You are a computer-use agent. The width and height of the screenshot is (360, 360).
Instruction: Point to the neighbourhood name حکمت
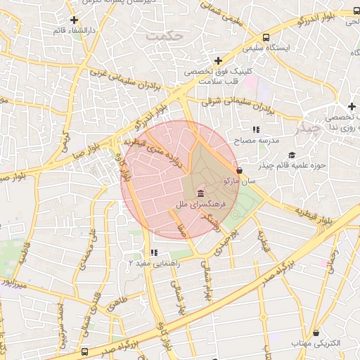click(x=164, y=34)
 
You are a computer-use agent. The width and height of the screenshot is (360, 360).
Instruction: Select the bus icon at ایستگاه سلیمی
click(x=266, y=38)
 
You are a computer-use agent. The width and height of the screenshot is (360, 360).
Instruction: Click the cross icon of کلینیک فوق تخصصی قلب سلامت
click(x=219, y=61)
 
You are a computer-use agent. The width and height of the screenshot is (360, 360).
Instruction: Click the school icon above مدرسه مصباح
click(x=256, y=130)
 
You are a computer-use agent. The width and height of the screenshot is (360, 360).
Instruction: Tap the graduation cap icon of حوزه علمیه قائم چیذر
click(x=292, y=155)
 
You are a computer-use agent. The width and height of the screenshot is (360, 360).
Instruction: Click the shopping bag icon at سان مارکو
click(x=240, y=170)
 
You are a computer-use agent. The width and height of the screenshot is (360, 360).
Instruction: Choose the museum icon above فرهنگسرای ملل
click(x=201, y=193)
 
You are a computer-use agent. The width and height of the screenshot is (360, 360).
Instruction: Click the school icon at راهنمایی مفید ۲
click(x=154, y=253)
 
